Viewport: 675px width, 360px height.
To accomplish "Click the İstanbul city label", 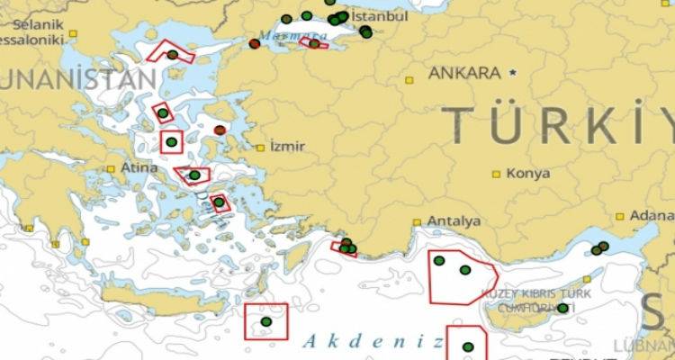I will pos(378,17).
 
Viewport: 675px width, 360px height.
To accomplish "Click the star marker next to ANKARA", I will pos(513,71).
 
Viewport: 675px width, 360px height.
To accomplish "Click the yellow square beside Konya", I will pos(496,173).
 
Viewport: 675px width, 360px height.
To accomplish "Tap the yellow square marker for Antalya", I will pos(418,221).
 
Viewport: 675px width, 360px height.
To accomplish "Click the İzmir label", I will pos(288,147).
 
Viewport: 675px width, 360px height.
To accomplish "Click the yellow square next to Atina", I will pos(111,168).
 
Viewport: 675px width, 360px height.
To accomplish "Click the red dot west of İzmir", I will pos(220,130).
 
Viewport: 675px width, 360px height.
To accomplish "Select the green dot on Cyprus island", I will pos(562,308).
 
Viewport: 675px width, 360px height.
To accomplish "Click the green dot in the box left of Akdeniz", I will pos(265,321).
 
